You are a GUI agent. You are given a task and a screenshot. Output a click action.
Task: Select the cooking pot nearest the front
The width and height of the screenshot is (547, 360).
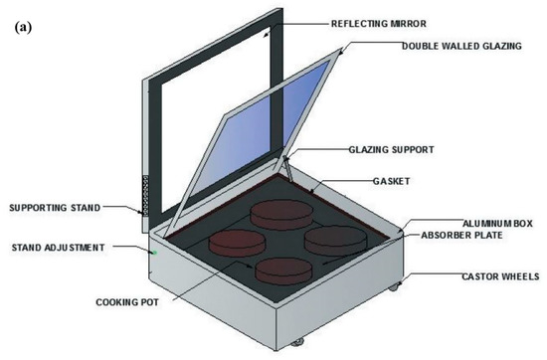[x=285, y=270]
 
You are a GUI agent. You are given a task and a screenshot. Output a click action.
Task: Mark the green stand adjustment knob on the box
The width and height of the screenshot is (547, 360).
[x=154, y=252]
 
